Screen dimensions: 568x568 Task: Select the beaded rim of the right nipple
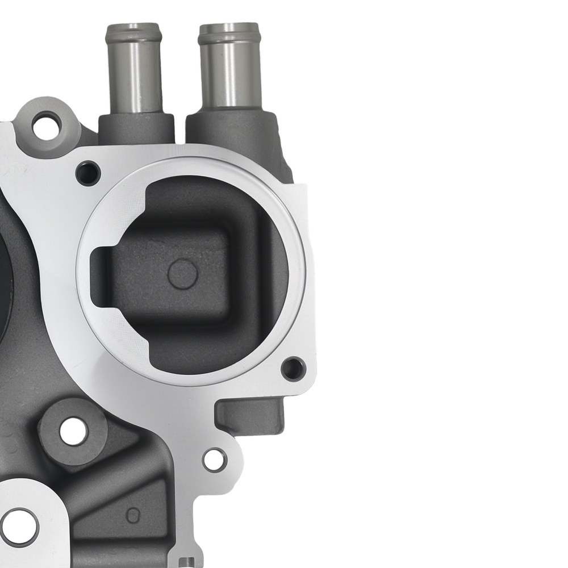(x=230, y=35)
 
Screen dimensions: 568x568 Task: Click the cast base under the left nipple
(x=136, y=128)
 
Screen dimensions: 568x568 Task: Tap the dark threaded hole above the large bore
(x=88, y=173)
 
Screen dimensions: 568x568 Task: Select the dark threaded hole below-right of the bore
(x=294, y=369)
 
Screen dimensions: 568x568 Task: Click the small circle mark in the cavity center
(x=182, y=274)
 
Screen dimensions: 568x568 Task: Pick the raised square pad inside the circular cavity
(x=170, y=273)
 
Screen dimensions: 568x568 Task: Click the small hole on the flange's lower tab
(x=215, y=460)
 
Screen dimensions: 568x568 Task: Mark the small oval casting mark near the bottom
(x=132, y=515)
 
